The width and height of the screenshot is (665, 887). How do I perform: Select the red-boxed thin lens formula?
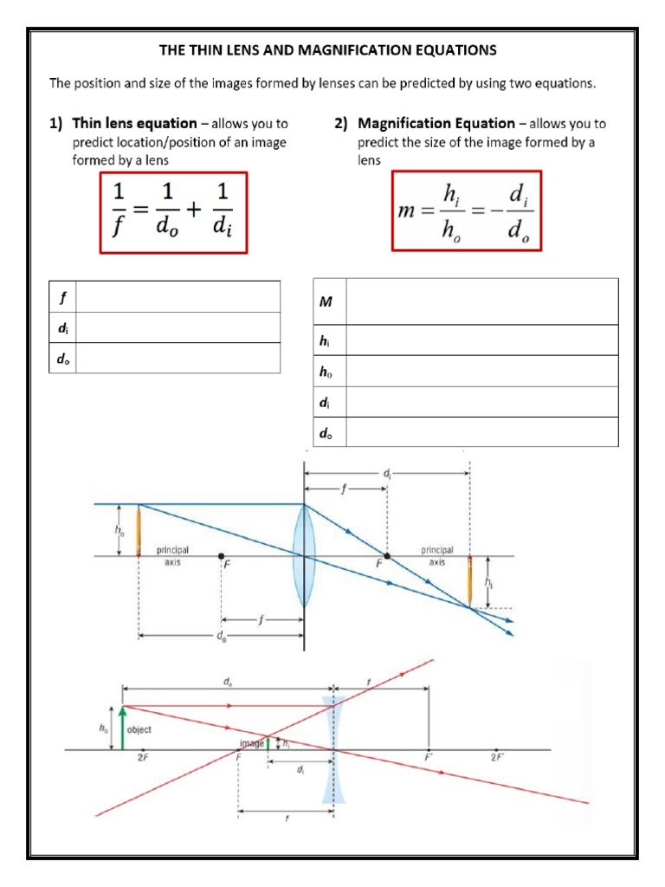click(173, 213)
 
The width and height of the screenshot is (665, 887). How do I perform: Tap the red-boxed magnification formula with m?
click(465, 213)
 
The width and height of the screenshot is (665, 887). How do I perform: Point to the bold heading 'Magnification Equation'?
click(436, 123)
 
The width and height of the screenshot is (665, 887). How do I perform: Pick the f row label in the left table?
click(61, 296)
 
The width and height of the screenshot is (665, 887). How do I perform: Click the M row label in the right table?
click(326, 301)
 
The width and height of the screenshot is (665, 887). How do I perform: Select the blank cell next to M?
click(481, 301)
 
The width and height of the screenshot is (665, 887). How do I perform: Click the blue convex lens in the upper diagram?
click(303, 555)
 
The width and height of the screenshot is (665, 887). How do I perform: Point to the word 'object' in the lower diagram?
click(139, 730)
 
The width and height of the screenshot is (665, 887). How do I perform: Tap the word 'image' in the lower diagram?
click(251, 743)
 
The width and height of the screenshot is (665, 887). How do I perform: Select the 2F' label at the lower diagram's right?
click(497, 757)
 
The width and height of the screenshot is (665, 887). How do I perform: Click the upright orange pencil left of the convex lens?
click(139, 529)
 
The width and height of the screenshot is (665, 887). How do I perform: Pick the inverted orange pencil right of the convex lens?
click(469, 582)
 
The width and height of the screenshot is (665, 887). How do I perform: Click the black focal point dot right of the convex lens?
click(387, 556)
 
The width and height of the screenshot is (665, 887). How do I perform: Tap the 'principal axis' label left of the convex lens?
click(172, 555)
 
